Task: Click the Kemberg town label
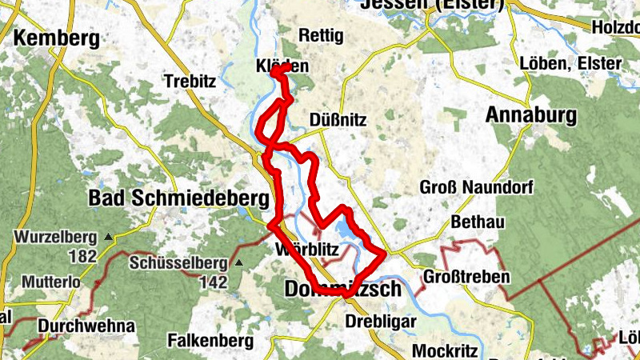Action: [56, 38]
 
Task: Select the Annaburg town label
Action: [531, 116]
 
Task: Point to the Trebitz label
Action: [190, 81]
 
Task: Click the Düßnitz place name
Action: [338, 121]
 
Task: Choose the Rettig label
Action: [320, 36]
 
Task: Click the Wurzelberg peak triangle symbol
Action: [108, 237]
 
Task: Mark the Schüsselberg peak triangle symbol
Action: [238, 262]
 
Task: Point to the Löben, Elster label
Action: [570, 63]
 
